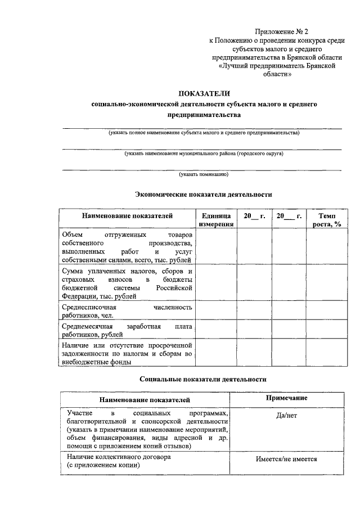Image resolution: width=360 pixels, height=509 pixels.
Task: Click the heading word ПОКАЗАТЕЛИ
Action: click(x=204, y=93)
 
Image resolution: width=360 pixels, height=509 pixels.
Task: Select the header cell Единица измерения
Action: click(x=216, y=220)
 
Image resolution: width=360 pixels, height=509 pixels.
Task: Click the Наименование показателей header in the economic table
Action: click(x=127, y=216)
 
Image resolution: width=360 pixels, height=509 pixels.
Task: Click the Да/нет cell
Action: click(x=287, y=415)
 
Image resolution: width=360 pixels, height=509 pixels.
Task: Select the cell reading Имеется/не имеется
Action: click(x=287, y=459)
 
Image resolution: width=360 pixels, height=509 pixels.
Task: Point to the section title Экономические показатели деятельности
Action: click(x=204, y=194)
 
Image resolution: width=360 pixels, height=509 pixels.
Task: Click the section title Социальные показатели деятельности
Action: click(x=203, y=380)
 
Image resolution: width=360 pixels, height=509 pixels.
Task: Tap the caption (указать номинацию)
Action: click(x=204, y=174)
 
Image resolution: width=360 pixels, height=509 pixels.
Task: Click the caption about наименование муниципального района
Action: click(x=204, y=154)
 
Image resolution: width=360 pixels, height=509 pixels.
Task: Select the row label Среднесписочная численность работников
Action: click(x=127, y=311)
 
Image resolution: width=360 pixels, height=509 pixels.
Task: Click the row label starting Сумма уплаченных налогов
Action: click(x=127, y=283)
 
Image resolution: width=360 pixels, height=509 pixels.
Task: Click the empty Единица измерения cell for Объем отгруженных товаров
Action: click(x=216, y=247)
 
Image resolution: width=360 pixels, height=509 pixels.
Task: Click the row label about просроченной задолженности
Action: click(x=127, y=353)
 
